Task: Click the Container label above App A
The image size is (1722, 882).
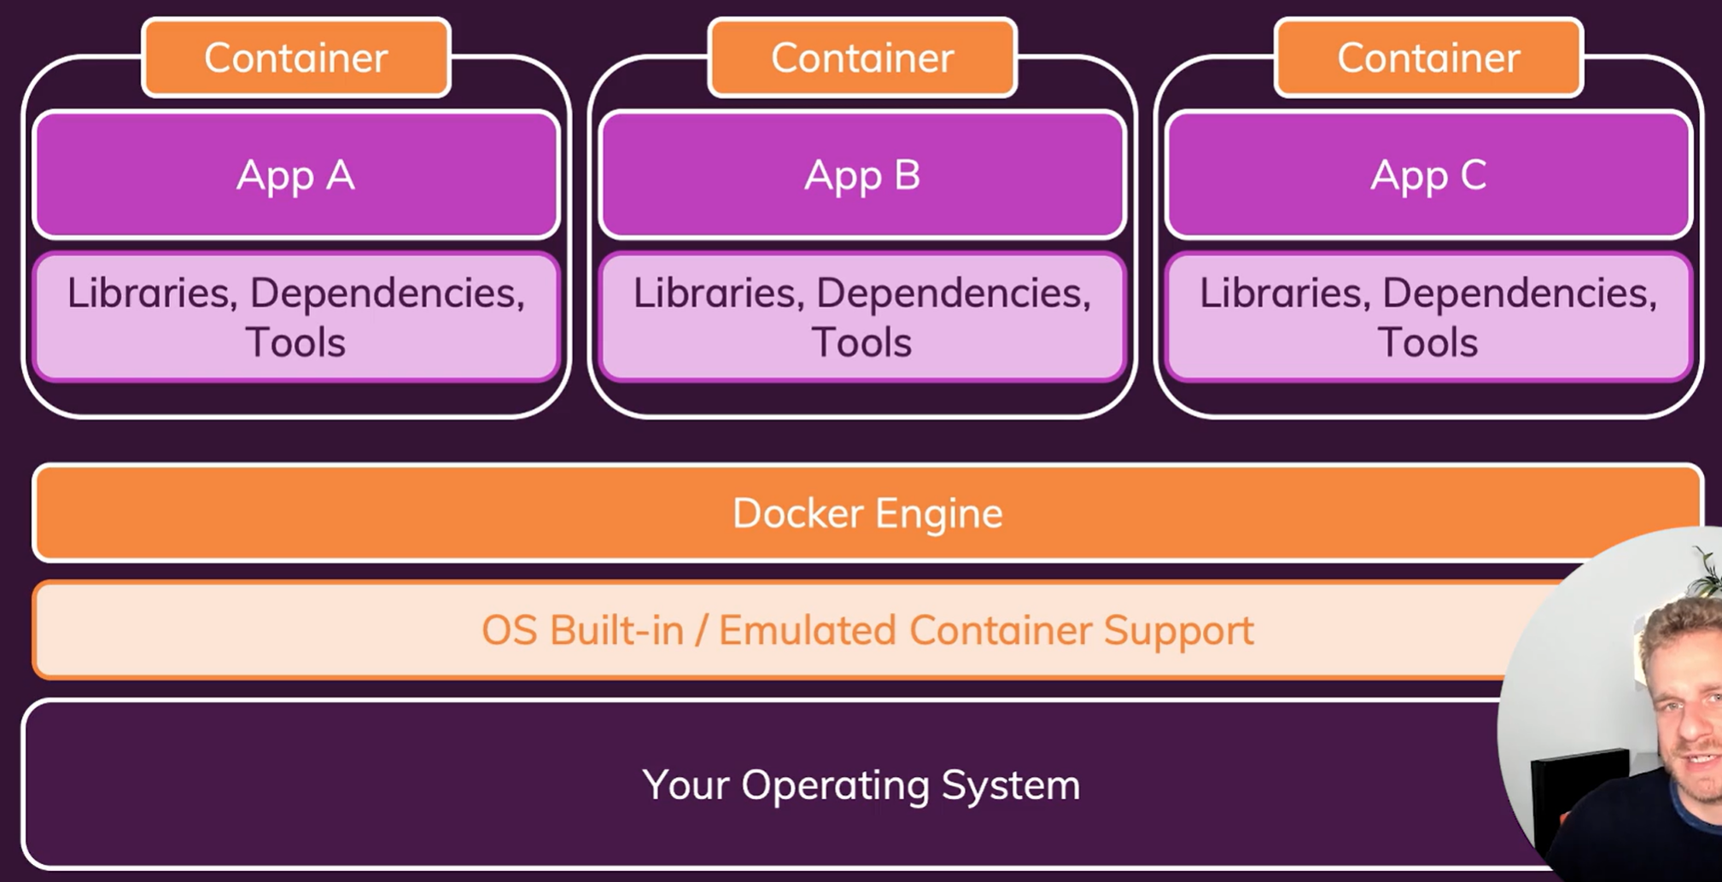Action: click(296, 58)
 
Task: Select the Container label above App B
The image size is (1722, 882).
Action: click(862, 58)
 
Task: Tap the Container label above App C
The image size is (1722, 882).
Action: click(1428, 58)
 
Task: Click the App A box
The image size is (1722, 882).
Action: click(296, 175)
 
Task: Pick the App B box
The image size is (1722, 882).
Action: click(862, 175)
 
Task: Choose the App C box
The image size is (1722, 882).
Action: click(1428, 175)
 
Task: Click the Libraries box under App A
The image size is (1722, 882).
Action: click(296, 317)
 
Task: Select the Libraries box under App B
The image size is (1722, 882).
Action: click(862, 317)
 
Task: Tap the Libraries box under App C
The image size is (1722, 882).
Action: click(1428, 317)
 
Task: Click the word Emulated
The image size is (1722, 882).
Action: click(807, 631)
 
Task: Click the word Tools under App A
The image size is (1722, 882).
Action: click(295, 342)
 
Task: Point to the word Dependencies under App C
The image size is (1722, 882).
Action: click(1520, 294)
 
